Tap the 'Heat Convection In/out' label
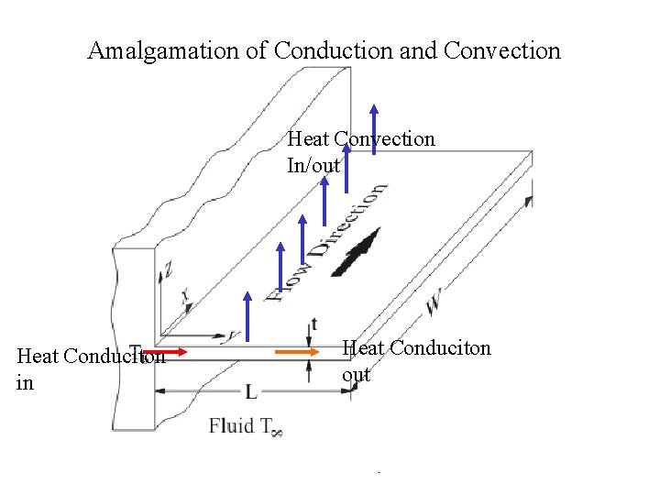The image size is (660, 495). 360,152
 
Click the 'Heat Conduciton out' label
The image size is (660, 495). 416,361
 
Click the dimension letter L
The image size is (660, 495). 250,392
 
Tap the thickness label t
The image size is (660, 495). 315,323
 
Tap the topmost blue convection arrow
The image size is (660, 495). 373,128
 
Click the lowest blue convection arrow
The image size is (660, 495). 246,321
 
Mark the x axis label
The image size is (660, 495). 186,296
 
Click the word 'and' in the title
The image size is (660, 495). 419,51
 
